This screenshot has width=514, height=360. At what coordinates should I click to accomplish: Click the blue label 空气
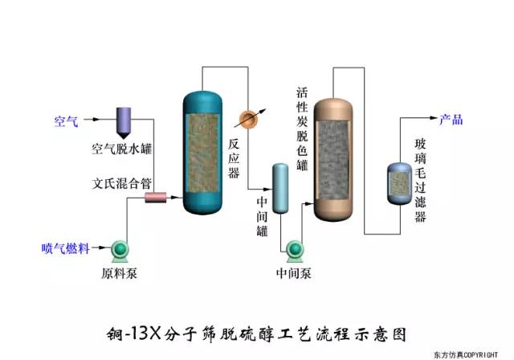point(66,121)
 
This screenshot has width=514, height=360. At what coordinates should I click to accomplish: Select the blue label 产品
point(451,120)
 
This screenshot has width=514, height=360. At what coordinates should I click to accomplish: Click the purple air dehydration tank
point(127,121)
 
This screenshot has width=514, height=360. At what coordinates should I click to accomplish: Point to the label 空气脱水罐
point(122,149)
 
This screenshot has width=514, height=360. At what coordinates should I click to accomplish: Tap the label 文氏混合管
point(122,182)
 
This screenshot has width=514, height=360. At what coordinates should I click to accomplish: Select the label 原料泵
point(120,273)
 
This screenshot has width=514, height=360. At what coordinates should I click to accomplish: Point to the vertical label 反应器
point(234,157)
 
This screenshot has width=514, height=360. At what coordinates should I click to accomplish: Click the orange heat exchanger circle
point(249,118)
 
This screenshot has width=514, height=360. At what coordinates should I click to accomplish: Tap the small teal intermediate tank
point(279,188)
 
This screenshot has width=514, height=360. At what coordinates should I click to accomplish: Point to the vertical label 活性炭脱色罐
point(302,129)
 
